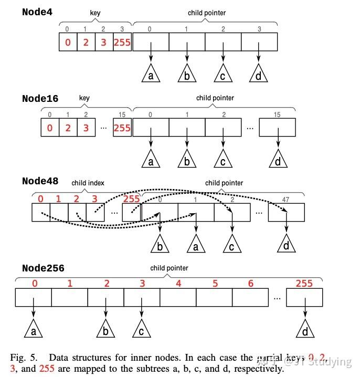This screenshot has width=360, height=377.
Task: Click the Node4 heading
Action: [x=40, y=12]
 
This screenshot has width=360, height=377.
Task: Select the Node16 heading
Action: [x=40, y=98]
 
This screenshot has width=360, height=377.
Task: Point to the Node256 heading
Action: [x=43, y=268]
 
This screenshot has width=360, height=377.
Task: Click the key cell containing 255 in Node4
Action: [x=122, y=42]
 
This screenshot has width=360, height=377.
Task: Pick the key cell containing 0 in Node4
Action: [x=68, y=42]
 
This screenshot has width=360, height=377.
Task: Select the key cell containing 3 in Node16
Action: [x=86, y=128]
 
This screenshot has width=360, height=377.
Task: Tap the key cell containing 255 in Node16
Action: [x=122, y=128]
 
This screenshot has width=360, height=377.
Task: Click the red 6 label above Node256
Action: [x=250, y=284]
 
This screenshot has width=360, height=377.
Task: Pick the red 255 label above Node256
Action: [x=304, y=284]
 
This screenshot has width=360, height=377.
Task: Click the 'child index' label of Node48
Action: [x=88, y=183]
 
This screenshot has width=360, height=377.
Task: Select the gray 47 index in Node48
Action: [x=286, y=200]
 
